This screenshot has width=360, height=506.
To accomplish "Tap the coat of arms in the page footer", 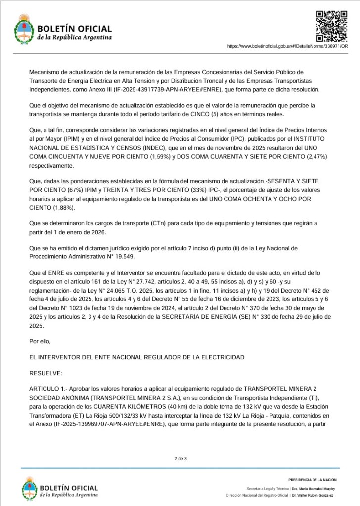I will point(29,489).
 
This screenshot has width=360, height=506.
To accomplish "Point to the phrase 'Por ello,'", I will point(40,340).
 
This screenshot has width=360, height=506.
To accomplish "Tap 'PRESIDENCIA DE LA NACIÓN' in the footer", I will point(312,479).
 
